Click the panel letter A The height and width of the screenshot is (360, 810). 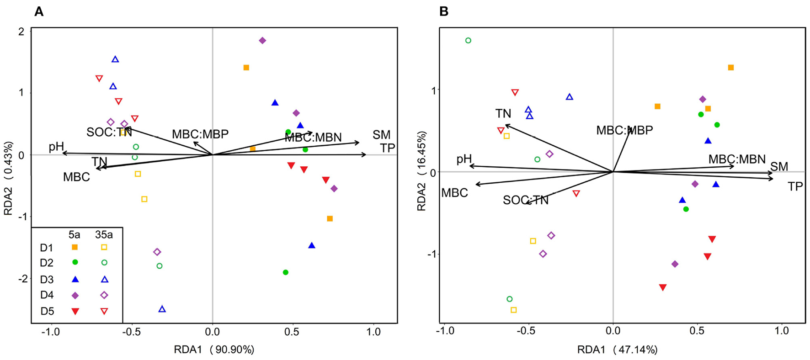(39, 11)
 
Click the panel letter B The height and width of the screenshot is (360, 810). (443, 11)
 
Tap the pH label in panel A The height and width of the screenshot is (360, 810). (56, 147)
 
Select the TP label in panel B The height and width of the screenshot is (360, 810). (795, 186)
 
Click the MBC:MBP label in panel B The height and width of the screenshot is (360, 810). (624, 130)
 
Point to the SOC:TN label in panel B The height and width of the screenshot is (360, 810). (526, 200)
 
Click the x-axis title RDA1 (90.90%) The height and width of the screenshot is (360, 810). (214, 349)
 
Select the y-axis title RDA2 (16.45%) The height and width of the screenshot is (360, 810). (422, 171)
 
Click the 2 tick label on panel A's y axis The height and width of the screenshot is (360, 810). (21, 32)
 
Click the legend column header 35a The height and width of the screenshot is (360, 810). (104, 235)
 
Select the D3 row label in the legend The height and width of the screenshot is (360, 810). (47, 280)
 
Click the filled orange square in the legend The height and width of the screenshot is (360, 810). (75, 247)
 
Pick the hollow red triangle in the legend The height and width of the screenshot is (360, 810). (104, 311)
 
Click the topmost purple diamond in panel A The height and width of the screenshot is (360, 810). (262, 40)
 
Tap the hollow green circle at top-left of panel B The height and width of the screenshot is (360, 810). (468, 41)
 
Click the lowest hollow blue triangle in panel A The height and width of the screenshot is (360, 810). (162, 309)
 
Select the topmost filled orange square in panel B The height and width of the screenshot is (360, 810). (731, 68)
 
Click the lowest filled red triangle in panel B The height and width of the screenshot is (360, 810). (663, 287)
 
